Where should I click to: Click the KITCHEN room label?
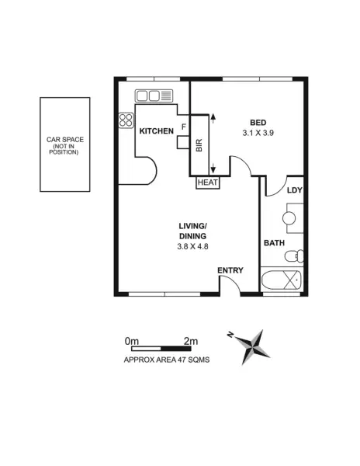tap(156, 131)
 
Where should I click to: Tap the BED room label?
tap(258, 121)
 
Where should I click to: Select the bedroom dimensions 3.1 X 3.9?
tap(258, 133)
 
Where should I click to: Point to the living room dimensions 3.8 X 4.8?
tap(192, 246)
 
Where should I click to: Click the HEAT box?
tap(207, 183)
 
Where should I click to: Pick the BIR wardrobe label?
tap(199, 145)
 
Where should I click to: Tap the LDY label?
tap(294, 190)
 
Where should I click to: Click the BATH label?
tap(274, 243)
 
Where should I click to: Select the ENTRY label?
tap(230, 270)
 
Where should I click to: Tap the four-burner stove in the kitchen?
tap(126, 120)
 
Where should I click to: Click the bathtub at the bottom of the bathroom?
tap(281, 281)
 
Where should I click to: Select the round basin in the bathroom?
tap(289, 218)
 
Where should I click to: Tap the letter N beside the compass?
tap(230, 335)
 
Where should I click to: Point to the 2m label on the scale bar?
tap(190, 341)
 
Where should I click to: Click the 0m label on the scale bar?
tap(131, 341)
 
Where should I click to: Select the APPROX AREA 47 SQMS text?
tap(167, 360)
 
